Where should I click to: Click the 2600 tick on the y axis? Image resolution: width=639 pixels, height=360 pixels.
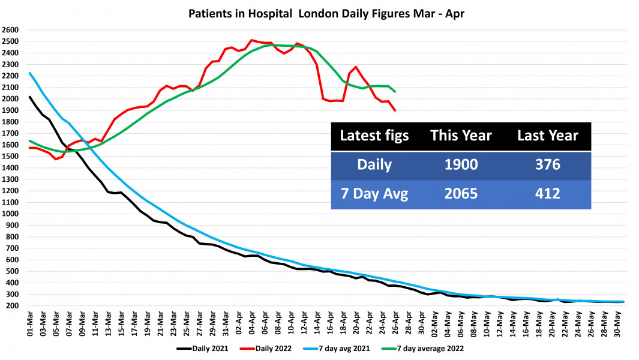11,30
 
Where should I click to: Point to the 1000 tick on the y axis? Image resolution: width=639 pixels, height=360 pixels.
11,214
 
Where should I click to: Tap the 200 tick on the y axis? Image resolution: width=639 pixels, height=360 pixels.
11,306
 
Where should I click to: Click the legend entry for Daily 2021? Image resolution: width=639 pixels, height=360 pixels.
203,347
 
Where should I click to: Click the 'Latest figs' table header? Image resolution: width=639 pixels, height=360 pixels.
374,136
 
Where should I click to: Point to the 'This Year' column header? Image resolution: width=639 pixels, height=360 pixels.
461,136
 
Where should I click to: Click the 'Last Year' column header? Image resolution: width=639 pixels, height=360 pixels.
548,136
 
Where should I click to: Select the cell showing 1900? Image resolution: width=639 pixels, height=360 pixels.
461,165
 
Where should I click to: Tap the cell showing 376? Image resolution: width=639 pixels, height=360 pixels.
548,165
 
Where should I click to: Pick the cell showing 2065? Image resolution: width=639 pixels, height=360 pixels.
461,194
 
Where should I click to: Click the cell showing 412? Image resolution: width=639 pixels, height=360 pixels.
548,194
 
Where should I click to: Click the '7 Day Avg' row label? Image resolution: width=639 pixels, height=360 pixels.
374,194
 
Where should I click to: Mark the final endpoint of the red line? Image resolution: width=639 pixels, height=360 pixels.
395,110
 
